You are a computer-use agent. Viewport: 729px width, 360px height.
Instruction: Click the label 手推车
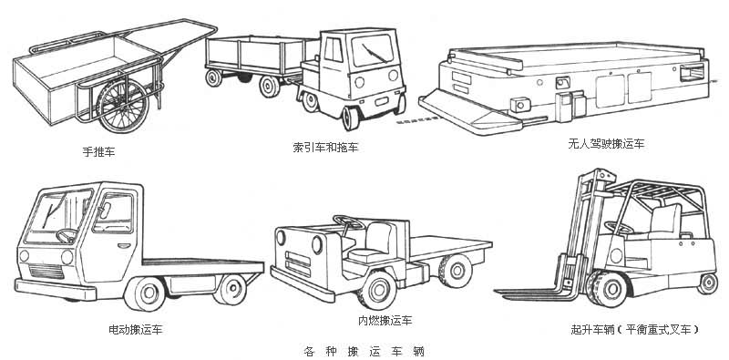pos(98,151)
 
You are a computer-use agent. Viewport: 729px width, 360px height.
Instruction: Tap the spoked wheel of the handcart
pos(123,105)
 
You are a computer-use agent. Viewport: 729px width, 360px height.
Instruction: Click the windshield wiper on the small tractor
pos(374,52)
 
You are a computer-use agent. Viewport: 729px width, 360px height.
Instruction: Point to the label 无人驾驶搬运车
pos(606,143)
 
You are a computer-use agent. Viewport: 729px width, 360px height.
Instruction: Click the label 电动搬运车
pos(135,330)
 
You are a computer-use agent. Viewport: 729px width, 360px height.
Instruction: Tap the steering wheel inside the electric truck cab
pos(67,235)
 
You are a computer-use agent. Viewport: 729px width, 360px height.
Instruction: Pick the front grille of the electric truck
pos(46,271)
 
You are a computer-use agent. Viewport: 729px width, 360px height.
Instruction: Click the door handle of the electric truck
pos(124,245)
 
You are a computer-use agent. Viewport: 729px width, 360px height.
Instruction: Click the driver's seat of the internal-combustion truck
pos(373,242)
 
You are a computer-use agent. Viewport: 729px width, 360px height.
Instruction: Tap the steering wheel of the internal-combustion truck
pos(348,221)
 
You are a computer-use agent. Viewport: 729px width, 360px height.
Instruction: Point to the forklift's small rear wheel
pos(708,283)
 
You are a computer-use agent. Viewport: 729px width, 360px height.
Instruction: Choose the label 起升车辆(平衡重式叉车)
pos(635,330)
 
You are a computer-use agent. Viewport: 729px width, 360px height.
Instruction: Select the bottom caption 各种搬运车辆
pos(364,350)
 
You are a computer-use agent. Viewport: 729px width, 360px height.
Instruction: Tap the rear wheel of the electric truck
pos(230,289)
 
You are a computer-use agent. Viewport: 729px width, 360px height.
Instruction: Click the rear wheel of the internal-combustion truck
pos(455,271)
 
